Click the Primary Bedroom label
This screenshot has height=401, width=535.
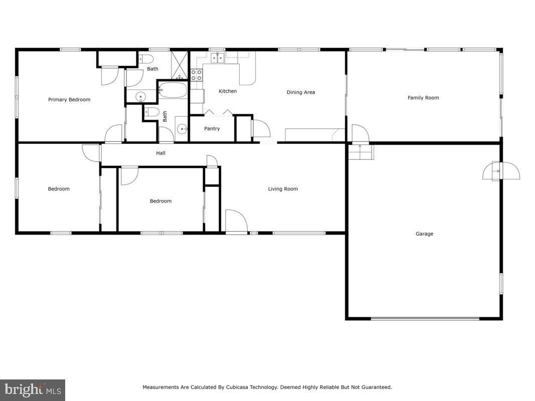point(69,100)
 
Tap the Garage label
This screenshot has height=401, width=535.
point(424,234)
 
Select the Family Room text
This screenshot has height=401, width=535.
point(423,98)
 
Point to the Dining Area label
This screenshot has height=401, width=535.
point(301,92)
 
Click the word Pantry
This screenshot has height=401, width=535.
point(212,129)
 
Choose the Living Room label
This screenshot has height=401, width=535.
point(283,189)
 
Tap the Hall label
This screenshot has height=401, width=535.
point(160,153)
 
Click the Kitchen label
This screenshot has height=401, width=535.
point(228,91)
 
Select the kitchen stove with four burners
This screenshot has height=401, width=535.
point(197,75)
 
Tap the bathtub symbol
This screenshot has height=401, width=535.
point(172,91)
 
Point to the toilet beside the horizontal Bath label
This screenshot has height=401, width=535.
point(142,58)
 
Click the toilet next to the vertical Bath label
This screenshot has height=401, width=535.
point(153,111)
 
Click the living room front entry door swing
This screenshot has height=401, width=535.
point(236,221)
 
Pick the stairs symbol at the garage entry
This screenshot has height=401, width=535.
point(361,152)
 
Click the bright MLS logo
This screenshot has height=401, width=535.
point(33,389)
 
